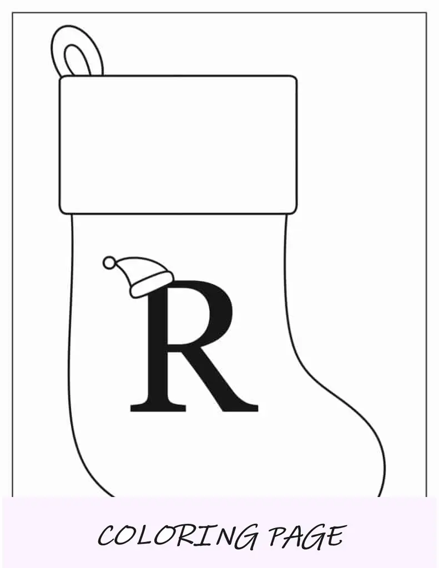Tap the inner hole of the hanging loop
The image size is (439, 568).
point(77,61)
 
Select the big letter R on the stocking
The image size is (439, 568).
point(194,346)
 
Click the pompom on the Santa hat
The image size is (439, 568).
point(109,262)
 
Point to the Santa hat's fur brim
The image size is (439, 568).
point(151,285)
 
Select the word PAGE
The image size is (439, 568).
point(307,535)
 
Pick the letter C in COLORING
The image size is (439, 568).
point(107,536)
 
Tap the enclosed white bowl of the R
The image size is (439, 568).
point(186,317)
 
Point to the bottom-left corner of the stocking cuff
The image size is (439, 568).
point(61,212)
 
